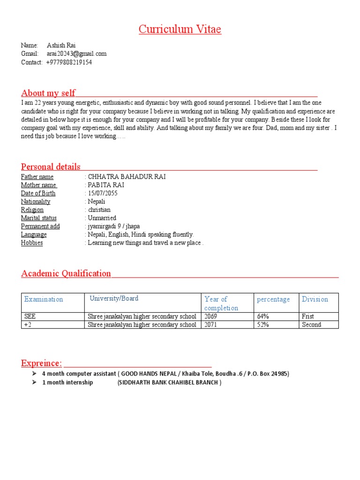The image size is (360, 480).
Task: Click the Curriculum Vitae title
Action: [x=180, y=30]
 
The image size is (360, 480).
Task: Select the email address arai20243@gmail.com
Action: [x=76, y=54]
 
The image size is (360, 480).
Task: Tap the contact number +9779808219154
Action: [x=69, y=62]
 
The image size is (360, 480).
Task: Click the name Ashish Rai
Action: [x=61, y=45]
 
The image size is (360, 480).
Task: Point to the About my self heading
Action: [x=48, y=93]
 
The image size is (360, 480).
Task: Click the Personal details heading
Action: [x=51, y=167]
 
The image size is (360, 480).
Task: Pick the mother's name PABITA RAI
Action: [x=106, y=185]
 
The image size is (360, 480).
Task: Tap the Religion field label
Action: [x=32, y=210]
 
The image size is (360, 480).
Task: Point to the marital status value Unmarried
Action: [x=102, y=218]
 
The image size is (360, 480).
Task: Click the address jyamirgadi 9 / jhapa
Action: [x=113, y=226]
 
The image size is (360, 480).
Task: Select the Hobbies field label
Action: [x=32, y=243]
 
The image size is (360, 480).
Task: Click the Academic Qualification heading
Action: [x=66, y=274]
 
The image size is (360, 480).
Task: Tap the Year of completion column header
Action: [x=221, y=303]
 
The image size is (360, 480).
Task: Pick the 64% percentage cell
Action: [x=263, y=316]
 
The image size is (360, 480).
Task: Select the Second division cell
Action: [x=311, y=324]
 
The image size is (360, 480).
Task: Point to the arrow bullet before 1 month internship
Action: [x=34, y=382]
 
